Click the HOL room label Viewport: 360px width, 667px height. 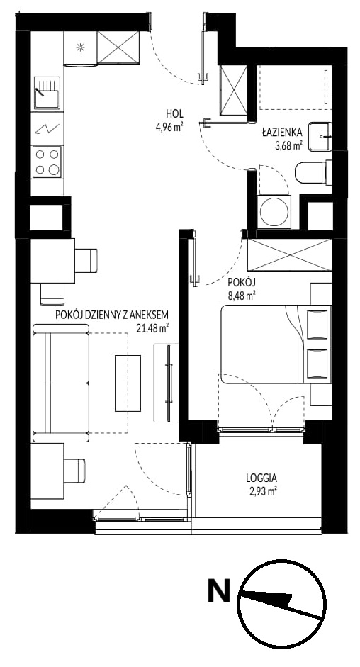pos(174,113)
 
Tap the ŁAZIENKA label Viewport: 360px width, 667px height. pos(282,133)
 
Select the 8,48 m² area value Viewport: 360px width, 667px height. pos(241,293)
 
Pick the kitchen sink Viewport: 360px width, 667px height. pos(47,93)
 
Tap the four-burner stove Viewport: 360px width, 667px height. pos(47,162)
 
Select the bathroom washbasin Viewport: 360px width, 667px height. pos(320,137)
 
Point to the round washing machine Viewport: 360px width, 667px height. pos(274,212)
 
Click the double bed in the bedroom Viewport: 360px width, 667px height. pos(276,344)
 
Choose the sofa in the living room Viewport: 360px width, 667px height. pos(61,383)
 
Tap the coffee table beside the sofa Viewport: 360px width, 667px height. pos(128,383)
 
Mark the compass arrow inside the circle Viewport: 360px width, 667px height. pos(279,604)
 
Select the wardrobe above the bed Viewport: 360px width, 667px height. pos(289,255)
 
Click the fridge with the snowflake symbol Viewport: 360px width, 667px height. pos(80,48)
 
